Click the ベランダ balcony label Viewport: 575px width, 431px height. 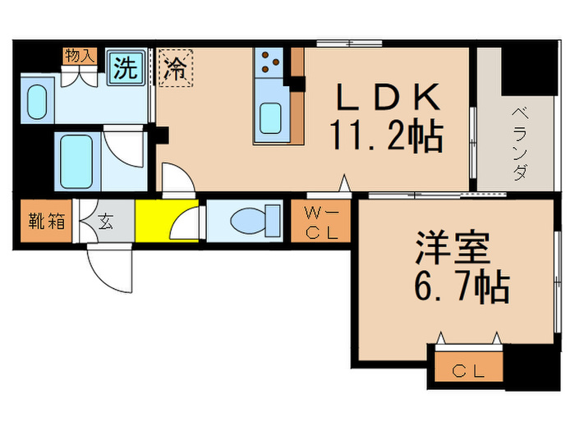click(x=519, y=144)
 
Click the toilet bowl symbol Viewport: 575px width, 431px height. click(x=246, y=221)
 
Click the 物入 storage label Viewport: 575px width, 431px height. click(x=80, y=56)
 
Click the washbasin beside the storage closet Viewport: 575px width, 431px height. click(x=36, y=101)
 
